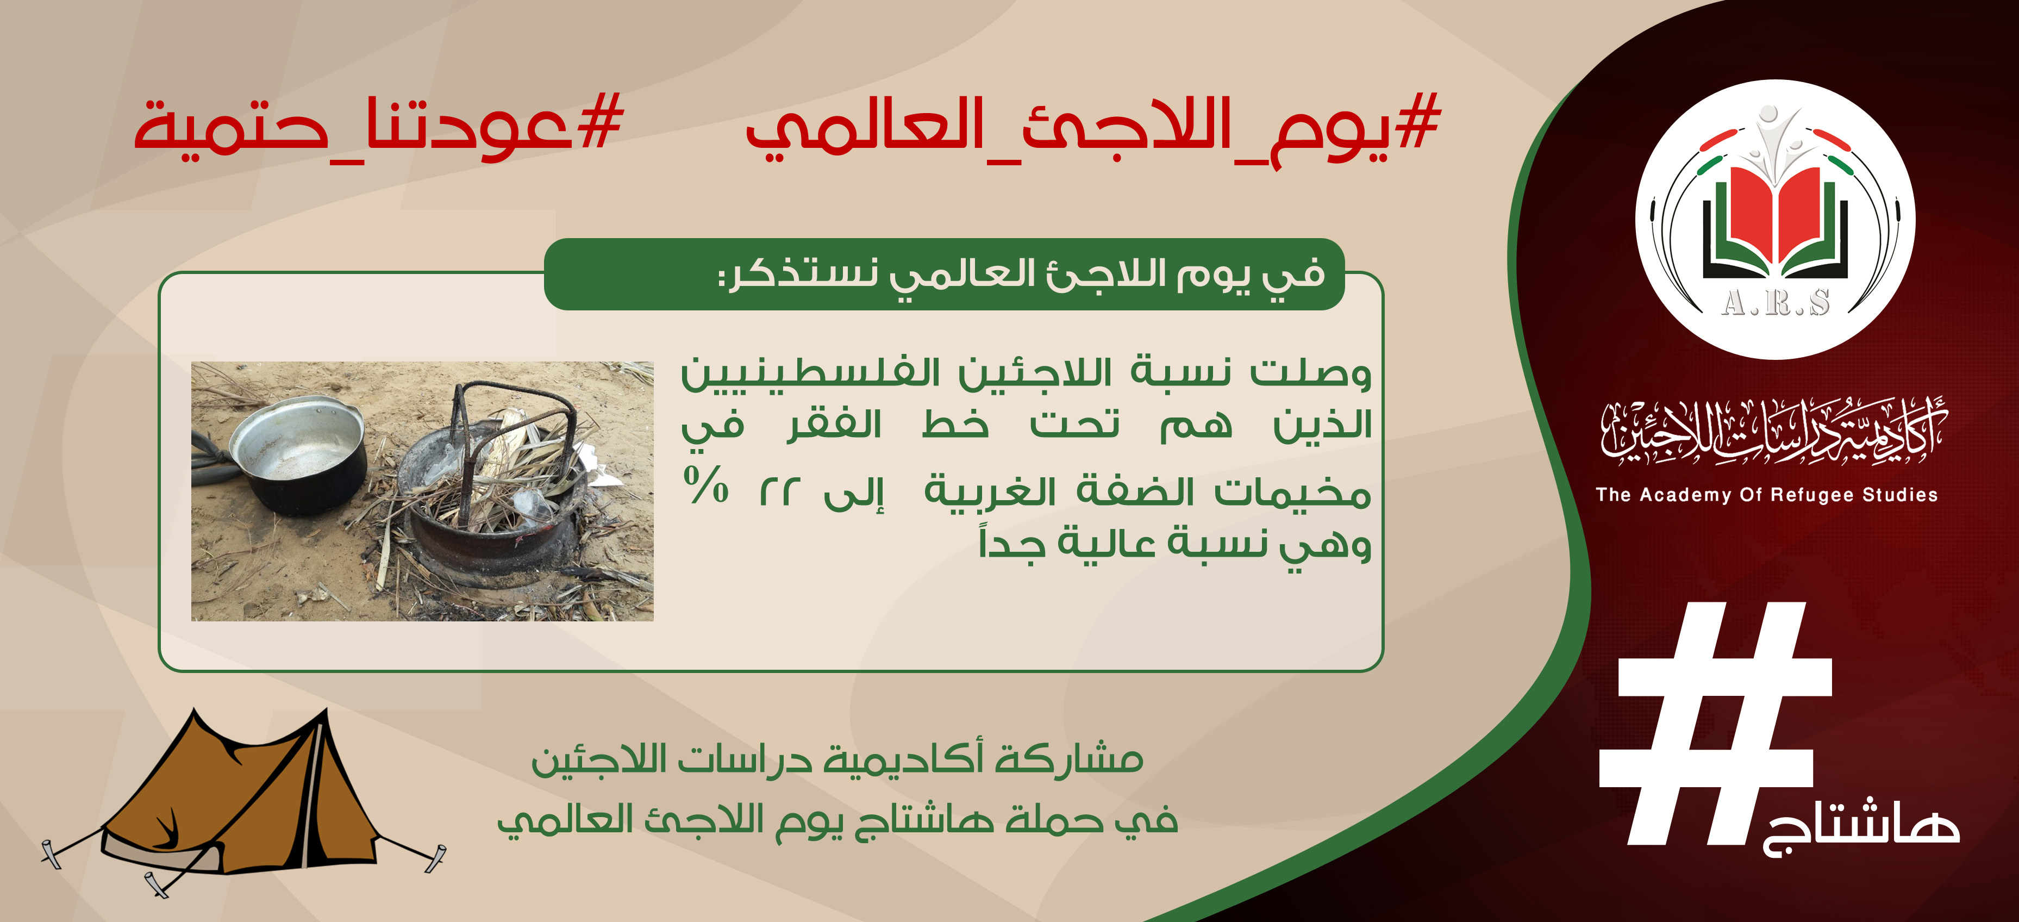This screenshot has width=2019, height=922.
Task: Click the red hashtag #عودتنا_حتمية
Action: click(379, 126)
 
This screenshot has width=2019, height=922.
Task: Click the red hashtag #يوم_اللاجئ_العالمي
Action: click(1093, 129)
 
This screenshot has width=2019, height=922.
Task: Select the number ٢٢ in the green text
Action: click(780, 493)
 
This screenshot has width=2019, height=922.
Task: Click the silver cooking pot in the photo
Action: click(298, 454)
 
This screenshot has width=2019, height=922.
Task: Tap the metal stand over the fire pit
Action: click(514, 447)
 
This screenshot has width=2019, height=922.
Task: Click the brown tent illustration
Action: click(243, 800)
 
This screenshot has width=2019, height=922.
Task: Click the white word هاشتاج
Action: click(1861, 827)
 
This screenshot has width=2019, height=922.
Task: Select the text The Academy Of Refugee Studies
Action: click(1767, 495)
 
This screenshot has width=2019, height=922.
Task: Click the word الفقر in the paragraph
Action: click(835, 425)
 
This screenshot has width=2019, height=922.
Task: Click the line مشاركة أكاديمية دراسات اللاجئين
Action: click(837, 759)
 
